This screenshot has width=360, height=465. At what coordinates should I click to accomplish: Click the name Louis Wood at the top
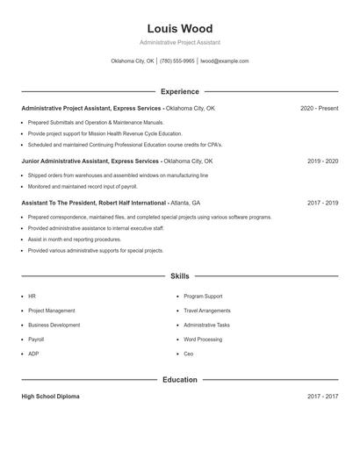coord(179,29)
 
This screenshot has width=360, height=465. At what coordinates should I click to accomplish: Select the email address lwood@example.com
coord(225,61)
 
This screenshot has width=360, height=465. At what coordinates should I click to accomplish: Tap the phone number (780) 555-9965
coord(177,61)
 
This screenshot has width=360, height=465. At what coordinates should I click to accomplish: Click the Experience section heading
coord(179,91)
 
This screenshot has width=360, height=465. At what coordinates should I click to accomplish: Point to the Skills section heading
coord(179,276)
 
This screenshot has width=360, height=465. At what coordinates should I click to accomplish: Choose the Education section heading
coord(179,380)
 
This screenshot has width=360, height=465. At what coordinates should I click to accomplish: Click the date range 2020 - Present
coord(319,108)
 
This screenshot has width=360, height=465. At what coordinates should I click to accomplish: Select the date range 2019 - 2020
coord(322,161)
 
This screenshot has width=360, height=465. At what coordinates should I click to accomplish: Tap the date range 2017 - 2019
coord(322,202)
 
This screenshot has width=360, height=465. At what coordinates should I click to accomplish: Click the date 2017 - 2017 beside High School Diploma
coord(322,397)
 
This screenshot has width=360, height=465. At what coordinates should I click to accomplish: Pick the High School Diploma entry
coord(50,397)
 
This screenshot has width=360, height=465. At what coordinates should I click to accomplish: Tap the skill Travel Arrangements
coord(207,311)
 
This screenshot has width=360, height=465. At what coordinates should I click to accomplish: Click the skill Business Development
coord(54,325)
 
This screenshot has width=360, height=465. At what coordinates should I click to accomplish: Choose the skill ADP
coord(33,354)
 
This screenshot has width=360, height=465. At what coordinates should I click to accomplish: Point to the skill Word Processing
coord(203,339)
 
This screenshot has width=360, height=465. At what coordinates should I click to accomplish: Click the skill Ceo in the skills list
coord(189,354)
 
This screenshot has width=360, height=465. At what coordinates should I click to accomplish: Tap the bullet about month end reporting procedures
coord(75,239)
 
